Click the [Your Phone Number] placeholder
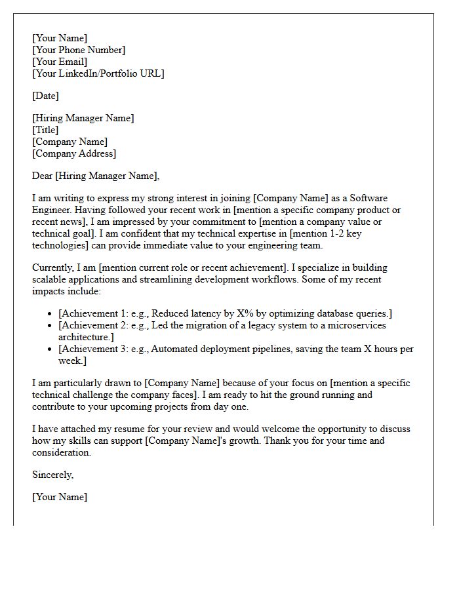coord(78,50)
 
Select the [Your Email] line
coord(60,62)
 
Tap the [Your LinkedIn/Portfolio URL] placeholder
coord(98,73)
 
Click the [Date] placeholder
coord(45,96)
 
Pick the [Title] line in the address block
coord(45,130)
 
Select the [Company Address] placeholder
coord(74,153)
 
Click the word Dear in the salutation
coord(43,176)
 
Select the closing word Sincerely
coord(52,475)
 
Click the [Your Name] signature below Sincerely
coord(60,497)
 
